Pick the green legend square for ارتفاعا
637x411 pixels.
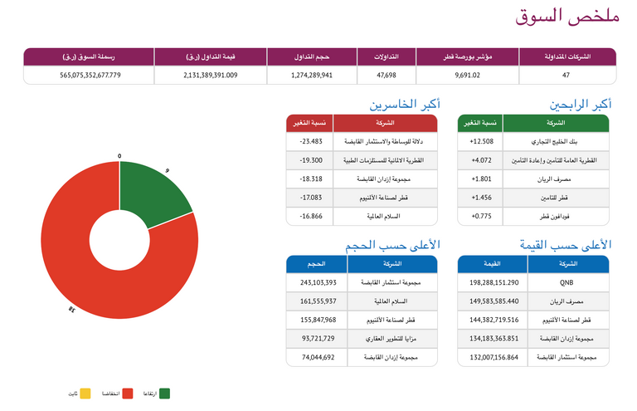click(x=164, y=393)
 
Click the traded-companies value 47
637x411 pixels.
click(x=566, y=75)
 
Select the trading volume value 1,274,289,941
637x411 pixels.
click(x=312, y=75)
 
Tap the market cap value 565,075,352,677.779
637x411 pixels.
click(x=90, y=75)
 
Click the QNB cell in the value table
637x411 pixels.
click(x=567, y=283)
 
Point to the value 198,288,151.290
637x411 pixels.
click(x=494, y=283)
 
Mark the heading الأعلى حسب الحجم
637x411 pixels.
click(x=393, y=245)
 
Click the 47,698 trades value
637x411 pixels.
click(x=387, y=75)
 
